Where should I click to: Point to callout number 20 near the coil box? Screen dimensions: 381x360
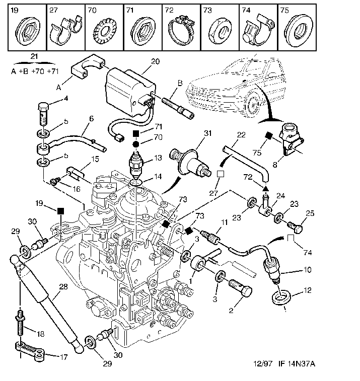(x=155, y=61)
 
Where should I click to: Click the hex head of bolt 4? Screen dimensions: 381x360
(x=43, y=107)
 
